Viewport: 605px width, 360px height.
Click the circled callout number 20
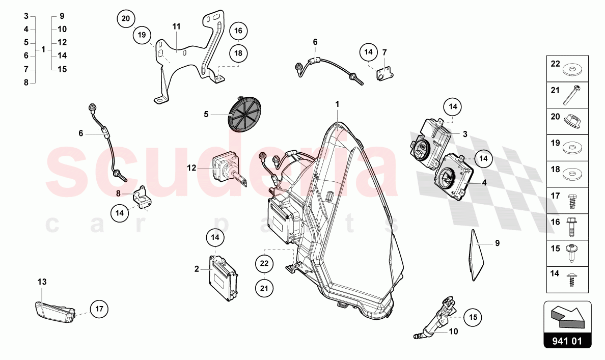[x=126, y=18]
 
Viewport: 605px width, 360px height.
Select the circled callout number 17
[x=99, y=309]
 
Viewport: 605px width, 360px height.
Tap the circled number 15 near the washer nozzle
[x=473, y=317]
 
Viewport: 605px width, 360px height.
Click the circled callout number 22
[x=264, y=264]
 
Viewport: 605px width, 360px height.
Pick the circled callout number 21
[x=264, y=288]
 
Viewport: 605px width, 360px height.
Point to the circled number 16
[x=238, y=31]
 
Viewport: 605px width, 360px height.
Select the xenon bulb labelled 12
[x=230, y=169]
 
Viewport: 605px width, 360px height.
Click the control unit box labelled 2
[x=224, y=277]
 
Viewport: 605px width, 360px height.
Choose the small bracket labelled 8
[x=142, y=198]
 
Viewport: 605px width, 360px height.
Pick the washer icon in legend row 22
[x=572, y=70]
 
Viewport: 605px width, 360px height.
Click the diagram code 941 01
[x=567, y=341]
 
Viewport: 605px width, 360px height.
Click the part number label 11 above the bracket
[x=176, y=26]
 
